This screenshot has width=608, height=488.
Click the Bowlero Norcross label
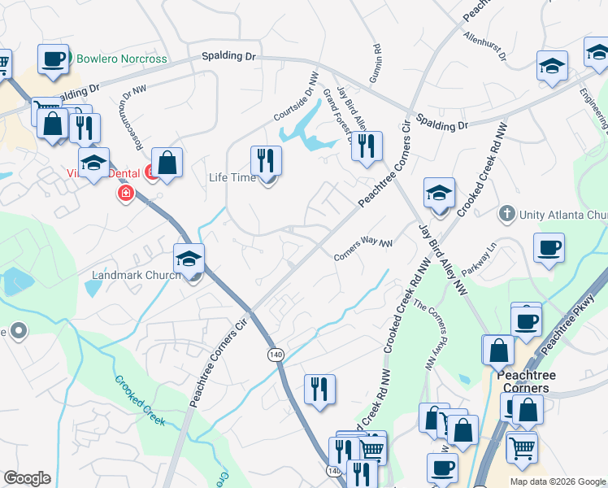pyautogui.click(x=121, y=59)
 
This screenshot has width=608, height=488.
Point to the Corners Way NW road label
pyautogui.click(x=363, y=250)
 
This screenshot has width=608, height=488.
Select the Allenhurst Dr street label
pyautogui.click(x=484, y=48)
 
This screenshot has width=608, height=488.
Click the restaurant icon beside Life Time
pyautogui.click(x=265, y=161)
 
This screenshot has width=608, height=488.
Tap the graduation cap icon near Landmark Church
pyautogui.click(x=189, y=259)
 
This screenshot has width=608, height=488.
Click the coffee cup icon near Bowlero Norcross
pyautogui.click(x=53, y=59)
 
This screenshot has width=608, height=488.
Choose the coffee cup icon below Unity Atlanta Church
pyautogui.click(x=549, y=248)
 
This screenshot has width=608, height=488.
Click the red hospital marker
pyautogui.click(x=126, y=194)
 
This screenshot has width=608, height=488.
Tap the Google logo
pyautogui.click(x=27, y=478)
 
